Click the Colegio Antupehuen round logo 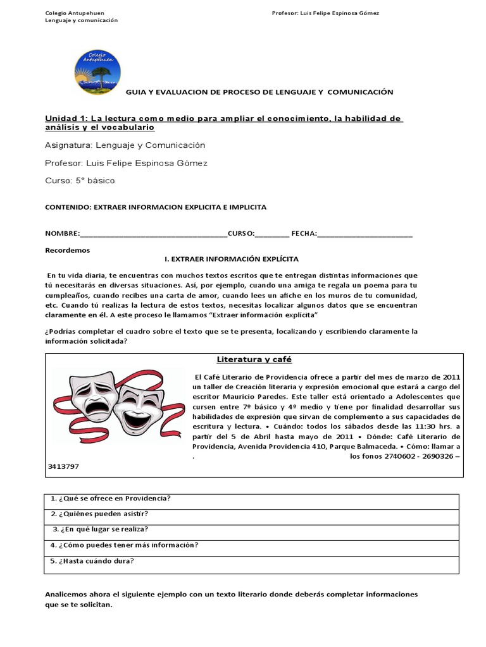(97, 70)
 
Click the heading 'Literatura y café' (254, 360)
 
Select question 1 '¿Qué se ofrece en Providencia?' (111, 499)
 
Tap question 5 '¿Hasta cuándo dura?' (92, 561)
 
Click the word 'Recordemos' (68, 250)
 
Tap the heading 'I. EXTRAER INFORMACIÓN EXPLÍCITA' (231, 260)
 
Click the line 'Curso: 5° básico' (80, 181)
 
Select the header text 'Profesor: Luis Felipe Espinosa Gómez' (325, 13)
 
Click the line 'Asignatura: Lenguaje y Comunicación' (125, 145)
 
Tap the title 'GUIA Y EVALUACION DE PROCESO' (259, 92)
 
